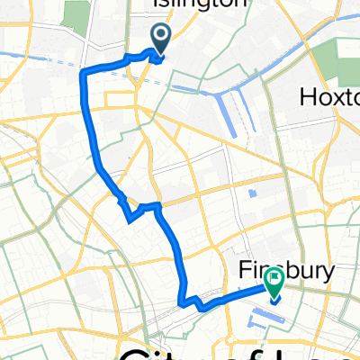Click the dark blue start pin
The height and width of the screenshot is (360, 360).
(161, 38)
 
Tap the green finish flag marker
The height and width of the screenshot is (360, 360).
(274, 281)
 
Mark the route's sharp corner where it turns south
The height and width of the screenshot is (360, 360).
(84, 71)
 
